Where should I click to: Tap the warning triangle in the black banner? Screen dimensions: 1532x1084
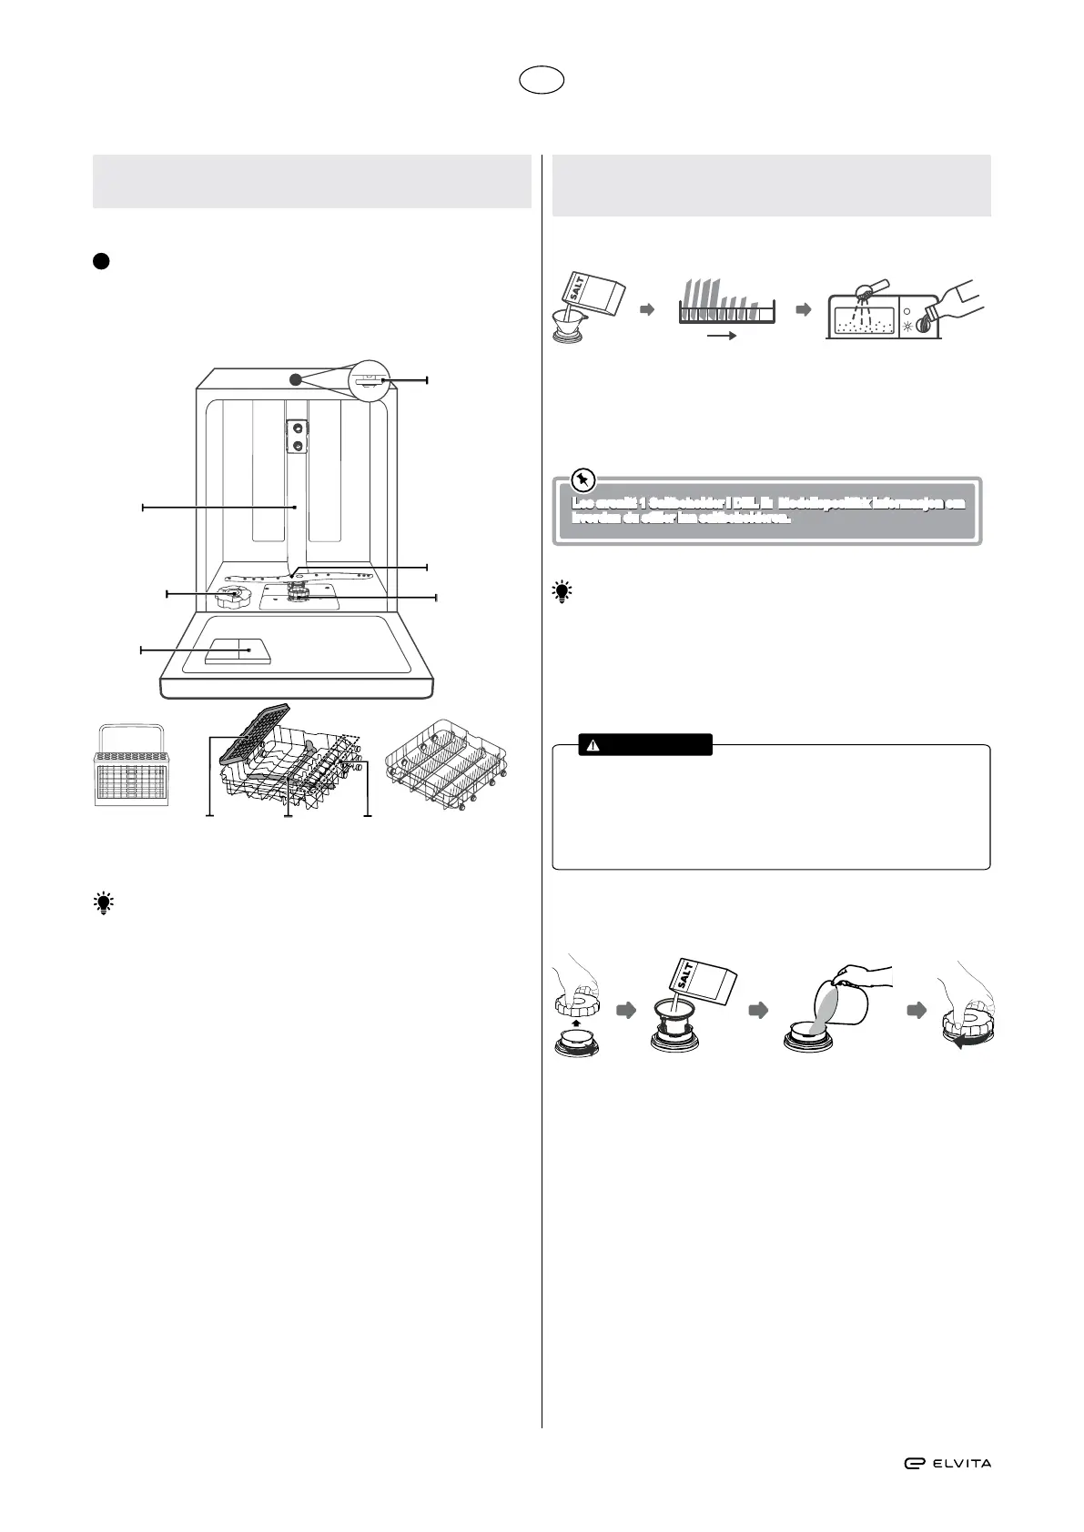[593, 745]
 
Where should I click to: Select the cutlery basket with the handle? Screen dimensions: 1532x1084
[133, 765]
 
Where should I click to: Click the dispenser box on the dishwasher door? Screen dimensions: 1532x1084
[238, 651]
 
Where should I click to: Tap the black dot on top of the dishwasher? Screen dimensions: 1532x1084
[294, 379]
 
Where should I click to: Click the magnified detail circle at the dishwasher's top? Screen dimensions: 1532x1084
[370, 379]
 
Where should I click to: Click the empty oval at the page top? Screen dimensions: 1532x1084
[542, 80]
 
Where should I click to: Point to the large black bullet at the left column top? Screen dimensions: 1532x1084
[100, 260]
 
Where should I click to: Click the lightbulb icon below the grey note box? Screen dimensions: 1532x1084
[562, 593]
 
